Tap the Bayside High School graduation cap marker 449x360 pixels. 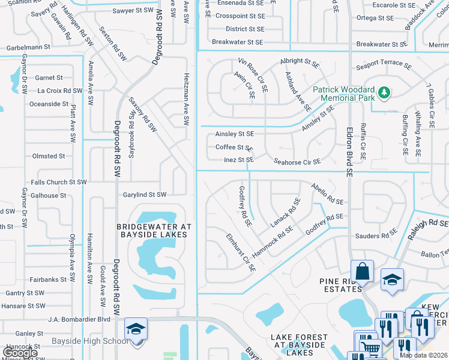click(136, 329)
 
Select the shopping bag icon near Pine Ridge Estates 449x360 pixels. click(363, 271)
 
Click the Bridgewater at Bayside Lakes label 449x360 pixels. click(154, 230)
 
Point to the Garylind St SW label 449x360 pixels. click(144, 195)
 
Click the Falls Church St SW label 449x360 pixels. click(59, 182)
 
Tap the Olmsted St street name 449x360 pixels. click(49, 156)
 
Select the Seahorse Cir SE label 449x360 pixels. click(297, 161)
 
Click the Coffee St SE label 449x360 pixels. click(234, 147)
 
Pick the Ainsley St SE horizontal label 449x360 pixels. click(235, 134)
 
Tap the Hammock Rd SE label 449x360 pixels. click(272, 242)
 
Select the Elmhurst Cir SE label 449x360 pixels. click(241, 253)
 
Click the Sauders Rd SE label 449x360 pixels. click(376, 236)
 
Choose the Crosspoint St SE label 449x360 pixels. click(239, 16)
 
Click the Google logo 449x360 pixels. click(20, 352)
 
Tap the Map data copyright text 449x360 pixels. click(423, 355)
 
